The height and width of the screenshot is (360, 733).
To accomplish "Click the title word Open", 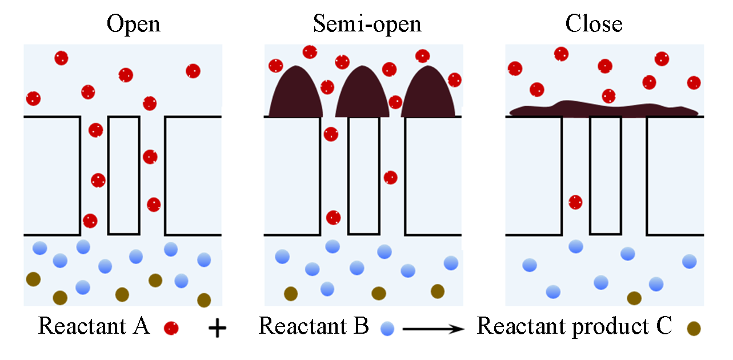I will (134, 23).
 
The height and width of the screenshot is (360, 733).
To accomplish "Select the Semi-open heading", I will (367, 23).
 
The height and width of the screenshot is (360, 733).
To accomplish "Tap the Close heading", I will (594, 23).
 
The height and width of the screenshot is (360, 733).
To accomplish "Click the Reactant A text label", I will (94, 326).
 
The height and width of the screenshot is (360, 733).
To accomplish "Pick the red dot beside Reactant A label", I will (171, 328).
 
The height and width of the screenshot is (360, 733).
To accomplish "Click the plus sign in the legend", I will (217, 329).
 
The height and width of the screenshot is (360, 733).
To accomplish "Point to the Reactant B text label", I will (314, 326).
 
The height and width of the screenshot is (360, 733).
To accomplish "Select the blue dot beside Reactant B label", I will (388, 329).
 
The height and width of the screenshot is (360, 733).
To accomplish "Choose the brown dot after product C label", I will (694, 328).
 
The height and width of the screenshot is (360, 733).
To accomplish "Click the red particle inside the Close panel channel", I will (575, 202).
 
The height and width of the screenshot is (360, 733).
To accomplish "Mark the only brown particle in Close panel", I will (634, 298).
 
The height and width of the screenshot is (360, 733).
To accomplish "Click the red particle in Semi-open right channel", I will (390, 177).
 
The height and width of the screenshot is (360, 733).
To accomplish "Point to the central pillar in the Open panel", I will (123, 175).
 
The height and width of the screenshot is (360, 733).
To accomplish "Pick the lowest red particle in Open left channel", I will (90, 221).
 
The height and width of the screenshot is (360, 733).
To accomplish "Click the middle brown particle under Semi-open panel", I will (378, 293).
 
